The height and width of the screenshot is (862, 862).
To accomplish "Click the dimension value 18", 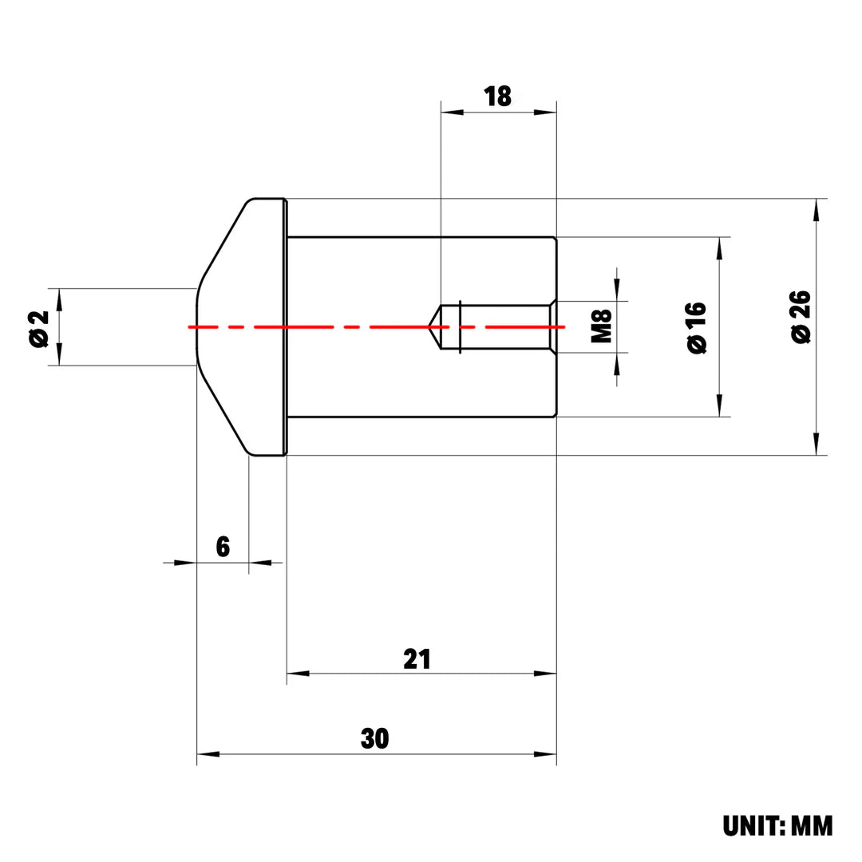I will pos(498,97).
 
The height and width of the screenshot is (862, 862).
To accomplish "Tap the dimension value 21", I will pos(417,659).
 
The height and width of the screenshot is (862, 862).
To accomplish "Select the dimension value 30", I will pos(374,738).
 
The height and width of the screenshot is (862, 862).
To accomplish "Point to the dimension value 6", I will pos(223,548).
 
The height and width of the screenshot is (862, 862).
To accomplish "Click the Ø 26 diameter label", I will pos(801,318).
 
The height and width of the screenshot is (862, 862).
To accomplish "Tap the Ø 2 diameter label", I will pos(38,327).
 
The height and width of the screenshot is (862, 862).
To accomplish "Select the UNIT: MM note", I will pos(777,826).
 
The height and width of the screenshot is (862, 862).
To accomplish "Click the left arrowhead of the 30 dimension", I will pos(208,753).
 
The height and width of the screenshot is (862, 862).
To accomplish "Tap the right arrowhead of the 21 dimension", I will pos(546,674).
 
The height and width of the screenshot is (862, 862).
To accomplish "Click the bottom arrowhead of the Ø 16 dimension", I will pos(720,405).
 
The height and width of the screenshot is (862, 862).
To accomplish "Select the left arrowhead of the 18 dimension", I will pos(452,113).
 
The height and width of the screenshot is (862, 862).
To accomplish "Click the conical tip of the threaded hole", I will pos(433,326).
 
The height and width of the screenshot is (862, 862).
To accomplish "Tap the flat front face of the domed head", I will pos(197,326).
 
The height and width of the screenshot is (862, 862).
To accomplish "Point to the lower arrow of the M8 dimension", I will pos(617,363).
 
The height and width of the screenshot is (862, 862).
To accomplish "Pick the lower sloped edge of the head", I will pos(223,412).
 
